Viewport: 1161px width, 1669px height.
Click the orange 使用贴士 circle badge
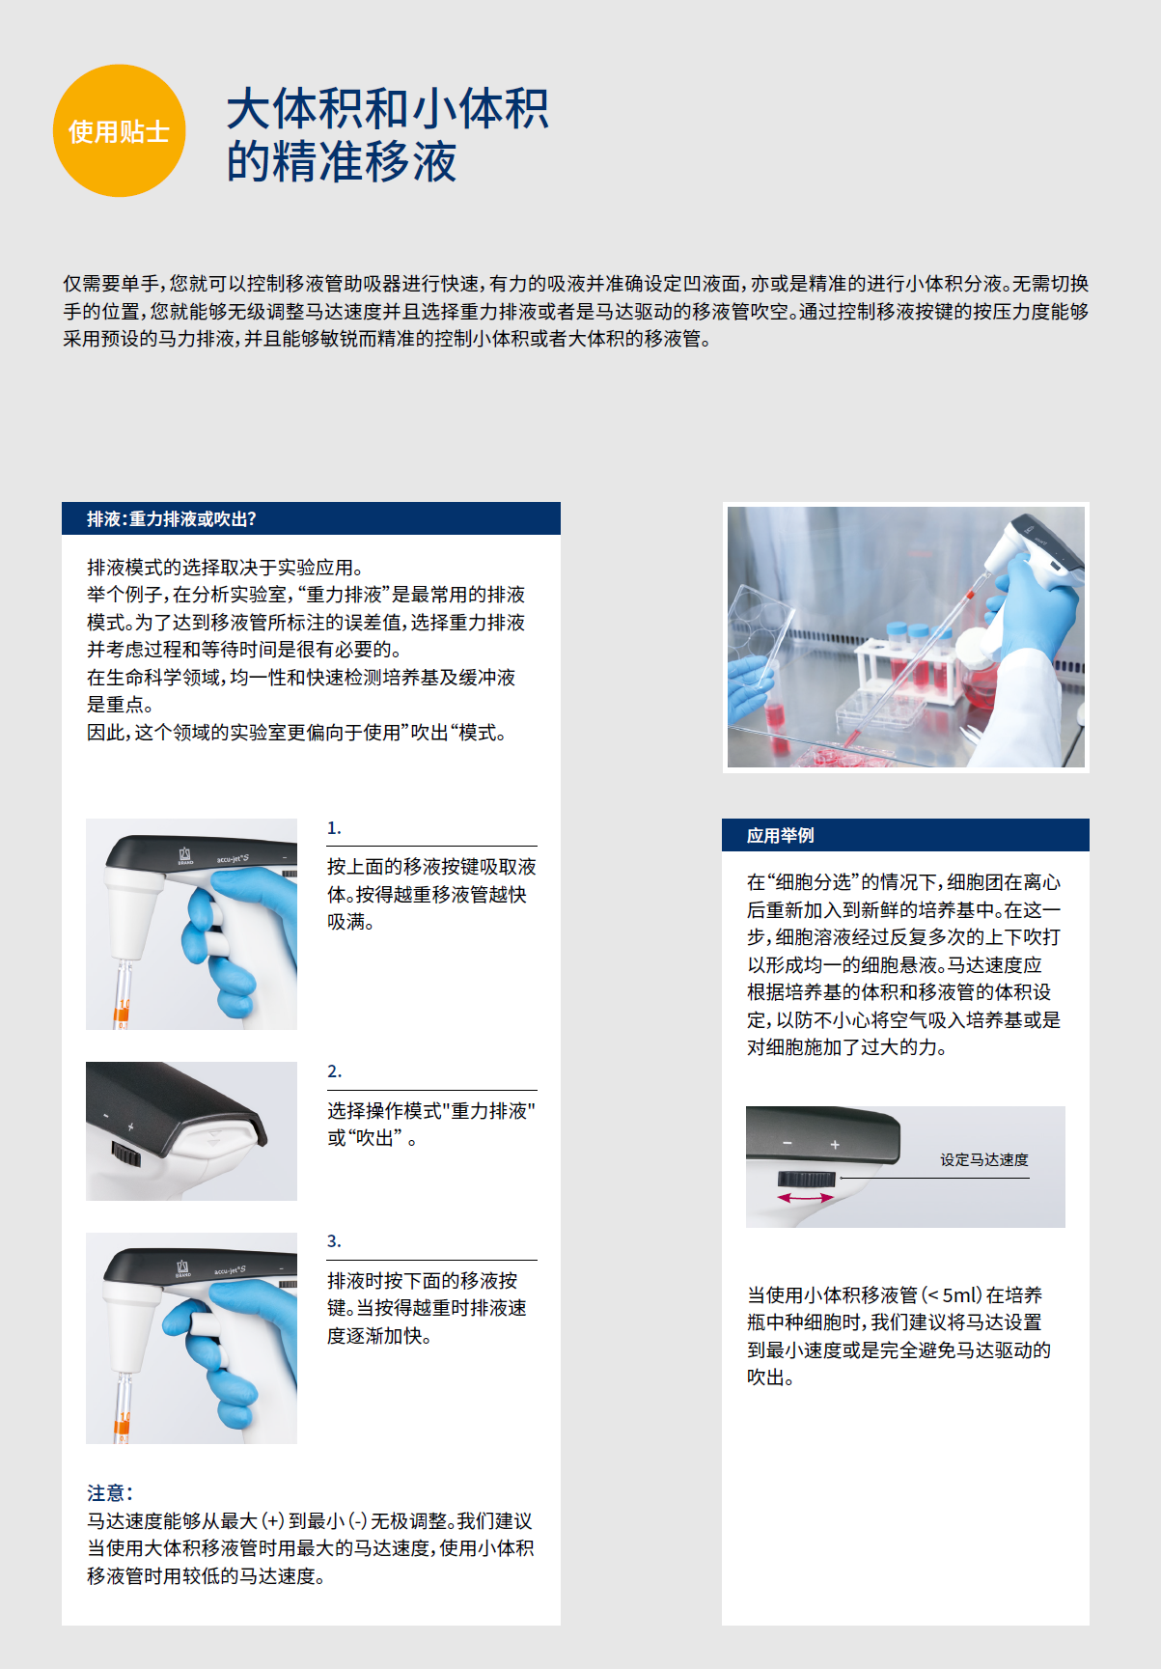click(119, 131)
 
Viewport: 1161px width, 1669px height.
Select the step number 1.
click(334, 828)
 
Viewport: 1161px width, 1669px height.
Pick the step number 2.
click(334, 1071)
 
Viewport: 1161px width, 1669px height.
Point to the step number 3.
click(334, 1241)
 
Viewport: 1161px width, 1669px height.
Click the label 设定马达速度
click(984, 1159)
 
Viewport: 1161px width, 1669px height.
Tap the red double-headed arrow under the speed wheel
click(806, 1198)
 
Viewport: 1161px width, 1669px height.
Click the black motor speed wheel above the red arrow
click(806, 1179)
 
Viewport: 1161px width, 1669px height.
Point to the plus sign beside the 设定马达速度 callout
click(835, 1145)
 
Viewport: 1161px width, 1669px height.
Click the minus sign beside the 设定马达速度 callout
click(788, 1144)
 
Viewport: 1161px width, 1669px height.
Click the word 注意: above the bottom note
click(110, 1493)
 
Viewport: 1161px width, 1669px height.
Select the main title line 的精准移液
click(342, 161)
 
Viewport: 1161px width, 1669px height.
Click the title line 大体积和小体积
click(388, 108)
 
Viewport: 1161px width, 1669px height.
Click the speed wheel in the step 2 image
click(126, 1153)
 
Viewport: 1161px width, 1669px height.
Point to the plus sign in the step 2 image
click(131, 1127)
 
